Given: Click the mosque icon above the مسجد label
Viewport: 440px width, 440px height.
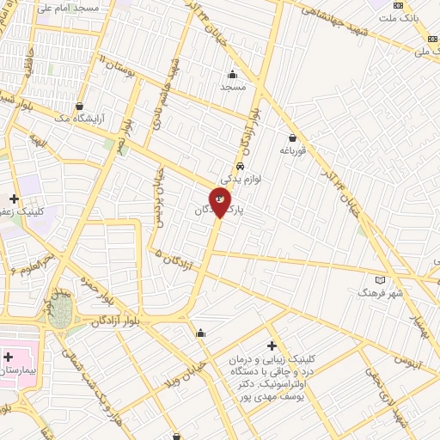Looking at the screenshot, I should [233, 74].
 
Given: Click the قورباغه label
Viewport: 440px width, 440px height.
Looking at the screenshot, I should [292, 150].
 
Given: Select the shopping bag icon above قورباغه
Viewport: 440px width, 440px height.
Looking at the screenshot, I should [292, 137].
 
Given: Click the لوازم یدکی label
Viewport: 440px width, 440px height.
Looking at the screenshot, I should [241, 180].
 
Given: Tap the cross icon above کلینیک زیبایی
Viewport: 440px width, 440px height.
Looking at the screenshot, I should [272, 345].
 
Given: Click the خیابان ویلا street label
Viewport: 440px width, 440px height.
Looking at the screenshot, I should [190, 370].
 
